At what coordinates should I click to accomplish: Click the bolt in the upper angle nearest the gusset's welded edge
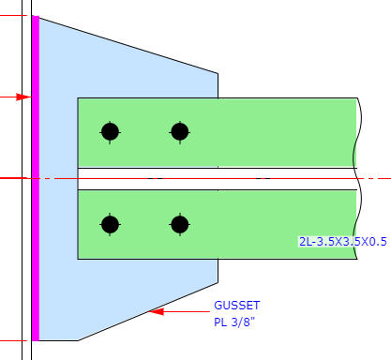tap(110, 132)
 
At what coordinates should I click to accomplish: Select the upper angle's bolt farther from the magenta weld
tap(180, 132)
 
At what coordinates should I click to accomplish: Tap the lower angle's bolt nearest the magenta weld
tap(110, 224)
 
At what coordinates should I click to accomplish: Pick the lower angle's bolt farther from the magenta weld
tap(180, 224)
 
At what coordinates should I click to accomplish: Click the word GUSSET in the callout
tap(236, 306)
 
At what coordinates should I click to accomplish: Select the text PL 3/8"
tap(234, 322)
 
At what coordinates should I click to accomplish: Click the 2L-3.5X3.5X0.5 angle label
tap(343, 242)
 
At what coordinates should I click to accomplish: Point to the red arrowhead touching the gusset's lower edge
tap(156, 311)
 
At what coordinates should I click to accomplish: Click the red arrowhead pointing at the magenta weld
tap(23, 97)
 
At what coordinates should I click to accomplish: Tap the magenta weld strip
tap(36, 178)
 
